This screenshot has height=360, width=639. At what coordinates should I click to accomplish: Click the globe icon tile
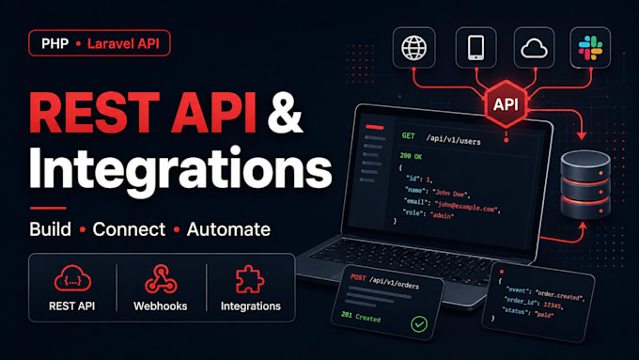414,48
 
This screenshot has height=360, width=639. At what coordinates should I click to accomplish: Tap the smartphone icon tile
476,48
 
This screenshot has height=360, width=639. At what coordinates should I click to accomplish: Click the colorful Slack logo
590,48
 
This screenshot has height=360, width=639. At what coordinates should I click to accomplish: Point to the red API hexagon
507,104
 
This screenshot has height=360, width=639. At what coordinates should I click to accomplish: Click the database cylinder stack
585,184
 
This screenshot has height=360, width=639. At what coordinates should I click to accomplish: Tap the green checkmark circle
419,324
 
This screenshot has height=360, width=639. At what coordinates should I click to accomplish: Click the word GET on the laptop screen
408,135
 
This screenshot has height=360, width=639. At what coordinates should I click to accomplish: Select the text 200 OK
411,156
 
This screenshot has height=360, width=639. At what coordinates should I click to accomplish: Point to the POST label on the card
358,277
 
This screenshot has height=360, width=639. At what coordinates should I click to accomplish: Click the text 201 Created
361,317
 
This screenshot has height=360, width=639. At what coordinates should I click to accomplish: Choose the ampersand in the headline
285,113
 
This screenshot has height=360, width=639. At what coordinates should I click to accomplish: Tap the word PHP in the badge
55,43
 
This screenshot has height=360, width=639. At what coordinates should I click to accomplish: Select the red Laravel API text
123,43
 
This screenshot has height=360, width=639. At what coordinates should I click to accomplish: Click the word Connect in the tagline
129,229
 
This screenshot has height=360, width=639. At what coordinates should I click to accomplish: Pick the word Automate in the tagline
228,229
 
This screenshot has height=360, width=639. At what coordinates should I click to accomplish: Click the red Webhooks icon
161,279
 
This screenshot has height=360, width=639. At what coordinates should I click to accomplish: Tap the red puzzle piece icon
250,279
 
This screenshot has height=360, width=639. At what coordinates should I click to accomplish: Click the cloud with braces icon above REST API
72,278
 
